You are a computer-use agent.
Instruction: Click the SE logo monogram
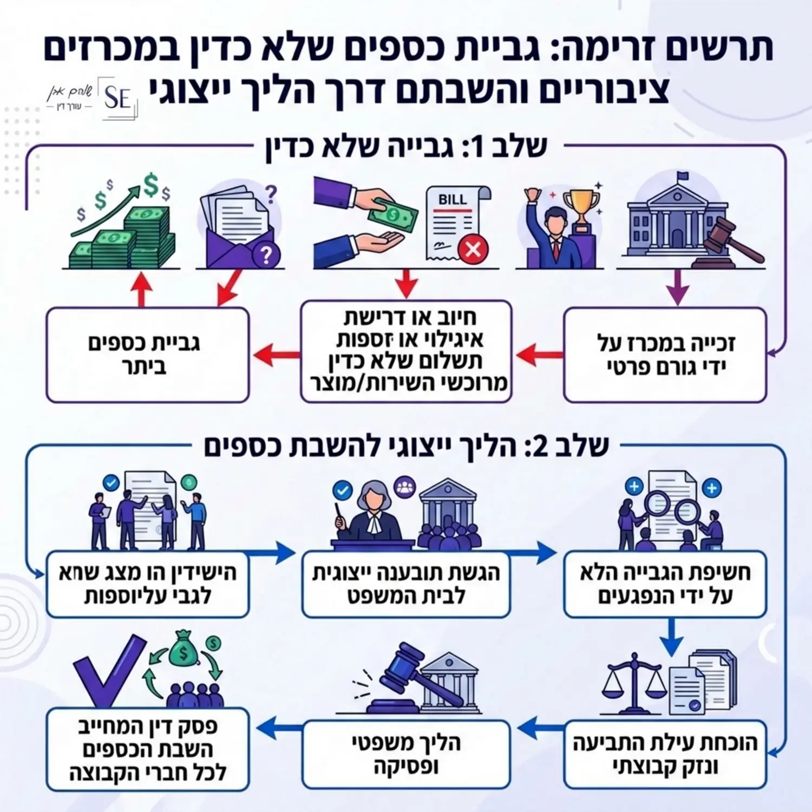(117, 98)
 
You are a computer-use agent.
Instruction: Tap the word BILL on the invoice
(452, 200)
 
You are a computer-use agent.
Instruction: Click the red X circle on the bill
(473, 249)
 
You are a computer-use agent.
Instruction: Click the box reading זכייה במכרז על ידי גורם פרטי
(665, 355)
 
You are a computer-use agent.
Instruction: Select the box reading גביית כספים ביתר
(147, 355)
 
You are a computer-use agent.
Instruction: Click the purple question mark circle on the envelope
(266, 254)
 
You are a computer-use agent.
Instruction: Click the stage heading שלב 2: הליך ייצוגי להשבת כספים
(406, 447)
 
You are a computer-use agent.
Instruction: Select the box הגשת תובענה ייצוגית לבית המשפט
(406, 585)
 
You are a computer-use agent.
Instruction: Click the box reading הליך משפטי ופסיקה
(406, 754)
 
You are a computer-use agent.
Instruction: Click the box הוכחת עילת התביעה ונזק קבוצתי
(665, 754)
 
